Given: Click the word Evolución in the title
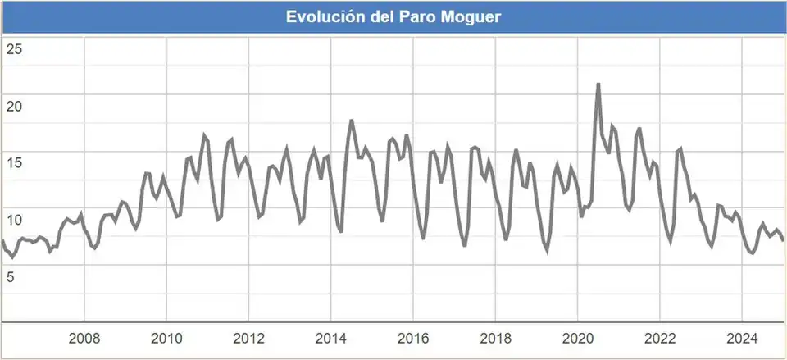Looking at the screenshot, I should pyautogui.click(x=323, y=17).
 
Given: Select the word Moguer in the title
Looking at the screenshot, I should pyautogui.click(x=474, y=17).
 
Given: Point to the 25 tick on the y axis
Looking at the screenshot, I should pyautogui.click(x=14, y=48).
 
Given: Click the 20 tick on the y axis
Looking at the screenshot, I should pyautogui.click(x=14, y=106).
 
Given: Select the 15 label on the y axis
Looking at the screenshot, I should pyautogui.click(x=14, y=162).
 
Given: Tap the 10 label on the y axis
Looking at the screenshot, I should pyautogui.click(x=14, y=220).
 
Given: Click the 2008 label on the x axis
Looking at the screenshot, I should pyautogui.click(x=84, y=339).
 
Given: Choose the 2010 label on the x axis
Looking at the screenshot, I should pyautogui.click(x=166, y=339).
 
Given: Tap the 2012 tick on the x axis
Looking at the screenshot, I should pyautogui.click(x=248, y=339).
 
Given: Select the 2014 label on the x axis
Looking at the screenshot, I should pyautogui.click(x=331, y=339).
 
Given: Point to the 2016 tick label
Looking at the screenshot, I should pyautogui.click(x=413, y=339).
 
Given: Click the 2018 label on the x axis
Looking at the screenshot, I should pyautogui.click(x=495, y=339).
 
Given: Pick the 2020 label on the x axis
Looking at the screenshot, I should pyautogui.click(x=577, y=339).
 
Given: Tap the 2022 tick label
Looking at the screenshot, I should pyautogui.click(x=660, y=339).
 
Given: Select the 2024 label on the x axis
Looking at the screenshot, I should pyautogui.click(x=742, y=339).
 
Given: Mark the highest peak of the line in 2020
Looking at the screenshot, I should pyautogui.click(x=598, y=84).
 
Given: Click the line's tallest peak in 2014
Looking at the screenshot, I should pyautogui.click(x=351, y=121).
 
